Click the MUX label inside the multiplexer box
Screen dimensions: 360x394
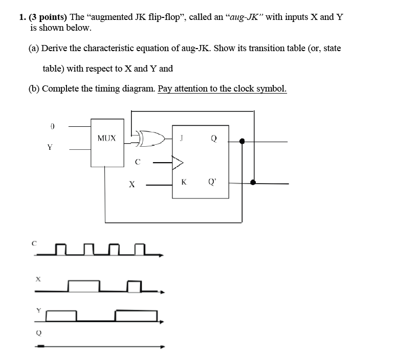pyautogui.click(x=106, y=138)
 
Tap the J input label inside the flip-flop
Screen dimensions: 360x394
pyautogui.click(x=182, y=138)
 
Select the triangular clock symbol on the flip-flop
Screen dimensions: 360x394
pyautogui.click(x=178, y=163)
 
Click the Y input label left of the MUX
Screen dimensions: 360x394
pyautogui.click(x=50, y=147)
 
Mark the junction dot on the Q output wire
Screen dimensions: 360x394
pyautogui.click(x=242, y=141)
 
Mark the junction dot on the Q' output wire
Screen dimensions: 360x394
pyautogui.click(x=253, y=183)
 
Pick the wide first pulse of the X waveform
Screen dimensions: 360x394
pyautogui.click(x=84, y=285)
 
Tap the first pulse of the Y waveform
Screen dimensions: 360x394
pyautogui.click(x=61, y=316)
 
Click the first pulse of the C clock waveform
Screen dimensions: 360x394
pyautogui.click(x=61, y=249)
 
